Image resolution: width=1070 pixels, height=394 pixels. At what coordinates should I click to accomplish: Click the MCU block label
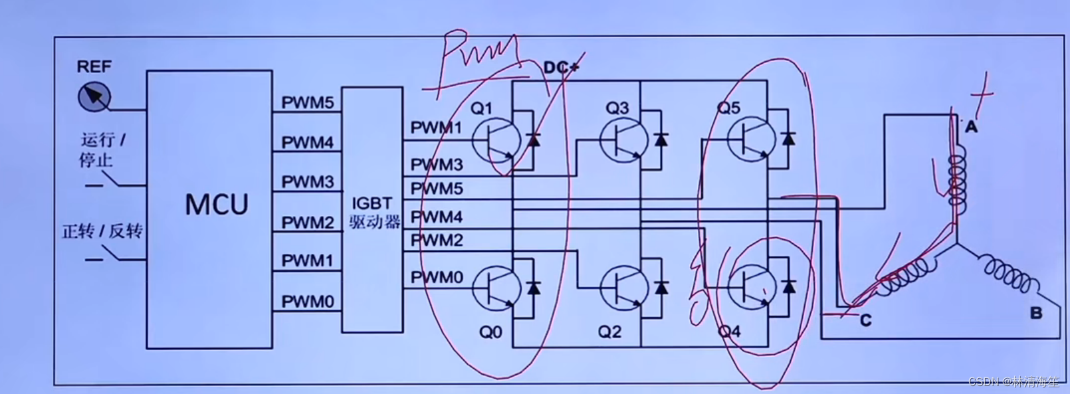coord(217,204)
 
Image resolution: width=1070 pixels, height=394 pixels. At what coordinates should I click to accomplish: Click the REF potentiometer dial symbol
coord(93,98)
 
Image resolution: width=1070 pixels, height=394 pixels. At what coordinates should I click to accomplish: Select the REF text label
coord(94,66)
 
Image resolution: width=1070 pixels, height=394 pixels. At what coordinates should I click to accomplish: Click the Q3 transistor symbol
coord(623,140)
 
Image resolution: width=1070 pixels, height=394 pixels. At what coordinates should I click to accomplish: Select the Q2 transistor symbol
coord(623,288)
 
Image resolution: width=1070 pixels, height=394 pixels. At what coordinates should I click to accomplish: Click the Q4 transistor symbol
coord(751,288)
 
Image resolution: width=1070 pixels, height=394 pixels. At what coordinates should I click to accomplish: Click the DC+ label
coord(561,67)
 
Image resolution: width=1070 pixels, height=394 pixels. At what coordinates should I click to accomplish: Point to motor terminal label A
coord(971,126)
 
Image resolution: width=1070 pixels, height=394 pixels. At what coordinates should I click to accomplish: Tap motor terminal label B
coord(1035,313)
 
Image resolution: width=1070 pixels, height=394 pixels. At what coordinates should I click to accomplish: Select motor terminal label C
coord(865,320)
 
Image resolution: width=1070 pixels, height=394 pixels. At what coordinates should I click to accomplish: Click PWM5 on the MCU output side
coord(307,103)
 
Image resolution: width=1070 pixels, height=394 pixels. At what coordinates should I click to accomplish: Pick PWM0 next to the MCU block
coord(307,302)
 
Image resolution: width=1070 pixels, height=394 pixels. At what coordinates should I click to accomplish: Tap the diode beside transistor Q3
coord(661,140)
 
